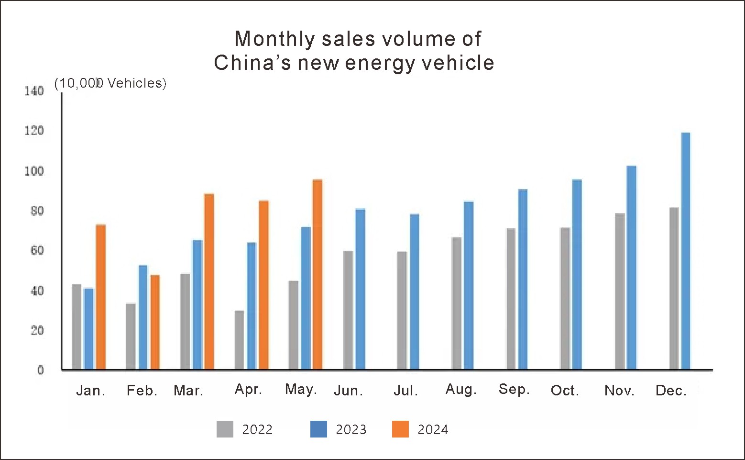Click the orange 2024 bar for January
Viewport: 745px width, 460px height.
tap(100, 297)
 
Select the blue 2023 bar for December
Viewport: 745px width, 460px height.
tap(685, 251)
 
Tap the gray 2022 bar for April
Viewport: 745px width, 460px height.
tap(239, 340)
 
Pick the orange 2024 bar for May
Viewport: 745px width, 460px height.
tap(317, 274)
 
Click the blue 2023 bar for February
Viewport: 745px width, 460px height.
tap(143, 317)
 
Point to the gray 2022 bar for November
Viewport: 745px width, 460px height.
tap(620, 291)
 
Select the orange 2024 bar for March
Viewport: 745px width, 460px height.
tap(209, 281)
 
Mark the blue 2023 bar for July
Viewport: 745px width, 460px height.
tap(414, 292)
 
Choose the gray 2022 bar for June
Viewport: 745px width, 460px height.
tap(348, 310)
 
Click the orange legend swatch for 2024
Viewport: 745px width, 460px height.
tap(400, 429)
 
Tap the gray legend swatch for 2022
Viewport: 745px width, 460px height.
tap(225, 429)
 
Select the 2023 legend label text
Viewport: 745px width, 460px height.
tap(351, 430)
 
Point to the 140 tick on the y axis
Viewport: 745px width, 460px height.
tap(34, 91)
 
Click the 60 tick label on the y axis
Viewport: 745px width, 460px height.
tap(37, 250)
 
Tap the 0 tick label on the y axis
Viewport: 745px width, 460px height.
tap(40, 370)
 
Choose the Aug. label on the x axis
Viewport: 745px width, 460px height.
tap(461, 390)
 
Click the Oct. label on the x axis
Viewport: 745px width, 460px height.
tap(565, 391)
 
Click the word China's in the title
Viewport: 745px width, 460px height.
tap(252, 63)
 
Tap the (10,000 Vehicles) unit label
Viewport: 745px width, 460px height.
tap(110, 83)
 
